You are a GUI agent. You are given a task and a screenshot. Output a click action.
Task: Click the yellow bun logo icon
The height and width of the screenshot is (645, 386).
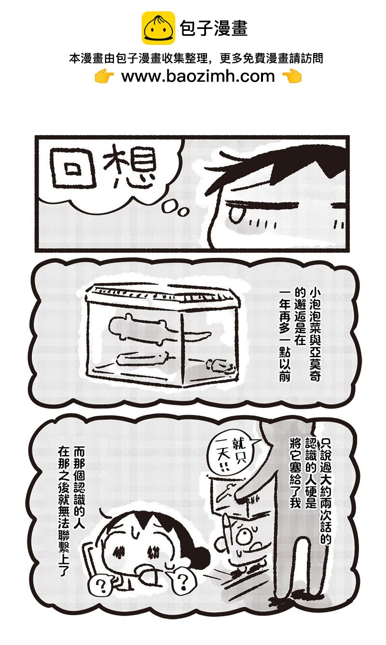point(158,28)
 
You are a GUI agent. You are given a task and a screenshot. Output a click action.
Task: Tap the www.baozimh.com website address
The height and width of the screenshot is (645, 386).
point(198,76)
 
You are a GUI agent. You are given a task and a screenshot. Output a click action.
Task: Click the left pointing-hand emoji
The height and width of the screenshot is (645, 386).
point(104,76)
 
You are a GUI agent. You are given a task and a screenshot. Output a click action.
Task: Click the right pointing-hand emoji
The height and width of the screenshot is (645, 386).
point(292,76)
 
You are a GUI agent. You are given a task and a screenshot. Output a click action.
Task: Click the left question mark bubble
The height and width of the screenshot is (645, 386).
point(100,585)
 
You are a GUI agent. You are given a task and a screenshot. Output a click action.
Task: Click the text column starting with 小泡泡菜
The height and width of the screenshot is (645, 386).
point(315,335)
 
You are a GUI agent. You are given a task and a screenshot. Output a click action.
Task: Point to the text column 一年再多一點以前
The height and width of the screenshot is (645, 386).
point(285,335)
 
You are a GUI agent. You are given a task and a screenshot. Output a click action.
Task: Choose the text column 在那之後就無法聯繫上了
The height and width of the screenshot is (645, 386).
point(64,511)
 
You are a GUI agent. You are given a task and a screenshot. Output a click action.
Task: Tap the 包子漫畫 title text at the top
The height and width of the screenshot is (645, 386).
point(214,28)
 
